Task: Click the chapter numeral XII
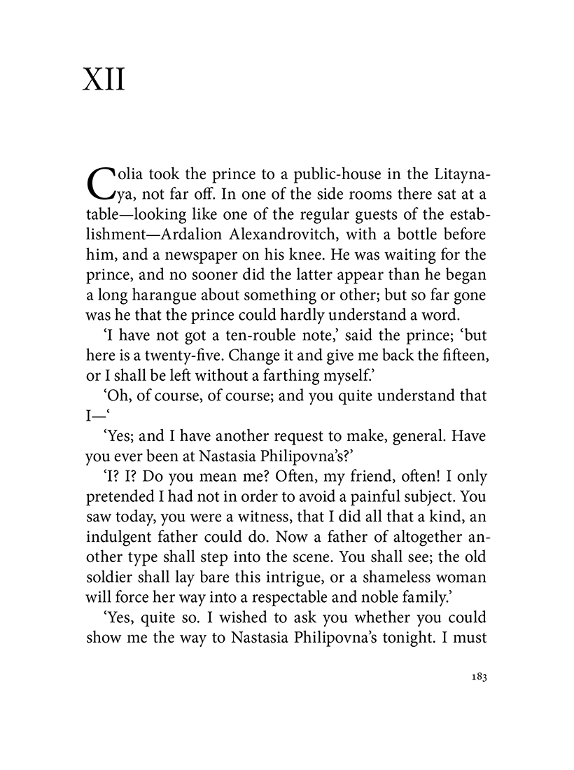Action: [x=104, y=81]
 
